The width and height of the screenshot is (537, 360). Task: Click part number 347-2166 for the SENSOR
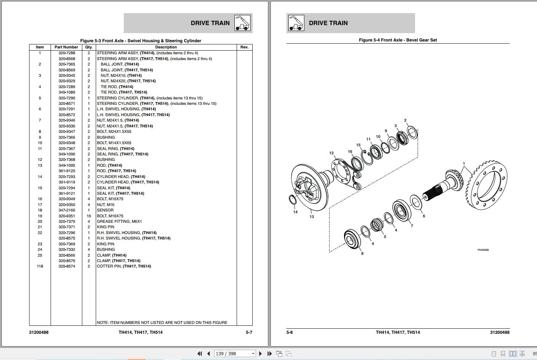(x=67, y=210)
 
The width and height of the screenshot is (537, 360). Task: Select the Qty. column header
(x=89, y=47)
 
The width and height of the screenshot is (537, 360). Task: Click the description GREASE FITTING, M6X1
(x=119, y=221)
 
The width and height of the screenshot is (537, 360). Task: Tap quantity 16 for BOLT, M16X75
(x=89, y=216)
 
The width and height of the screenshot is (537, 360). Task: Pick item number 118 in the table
(x=40, y=266)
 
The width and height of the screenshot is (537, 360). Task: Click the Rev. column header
(x=244, y=47)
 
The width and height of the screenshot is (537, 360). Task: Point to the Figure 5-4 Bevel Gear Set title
(x=398, y=40)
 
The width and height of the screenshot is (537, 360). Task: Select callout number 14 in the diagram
(x=295, y=212)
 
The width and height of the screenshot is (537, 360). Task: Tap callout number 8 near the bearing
(x=362, y=253)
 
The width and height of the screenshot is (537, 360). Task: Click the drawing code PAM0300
(x=483, y=250)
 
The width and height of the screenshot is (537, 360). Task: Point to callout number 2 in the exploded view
(x=405, y=120)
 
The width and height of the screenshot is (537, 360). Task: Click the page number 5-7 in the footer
(x=249, y=332)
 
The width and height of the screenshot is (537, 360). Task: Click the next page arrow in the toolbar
(x=260, y=353)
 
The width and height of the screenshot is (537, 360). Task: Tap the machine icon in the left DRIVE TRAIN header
(x=242, y=23)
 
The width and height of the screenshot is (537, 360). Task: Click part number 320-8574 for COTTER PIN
(x=67, y=266)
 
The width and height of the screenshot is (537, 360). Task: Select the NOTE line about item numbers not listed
(x=162, y=323)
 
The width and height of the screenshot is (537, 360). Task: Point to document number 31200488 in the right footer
(x=500, y=332)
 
